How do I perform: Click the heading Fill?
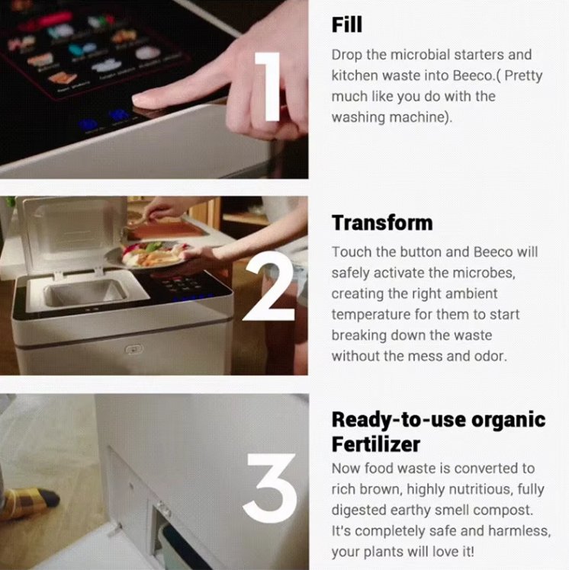[x=347, y=24]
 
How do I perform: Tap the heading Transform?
[x=382, y=223]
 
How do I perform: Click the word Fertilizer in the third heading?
[x=376, y=444]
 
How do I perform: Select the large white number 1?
[x=268, y=87]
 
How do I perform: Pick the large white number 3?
[x=270, y=488]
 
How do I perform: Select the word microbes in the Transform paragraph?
[x=471, y=273]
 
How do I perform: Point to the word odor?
[x=490, y=356]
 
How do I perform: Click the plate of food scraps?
[x=149, y=255]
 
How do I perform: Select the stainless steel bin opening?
[x=86, y=292]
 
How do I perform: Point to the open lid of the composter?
[x=72, y=235]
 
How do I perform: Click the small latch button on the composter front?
[x=134, y=349]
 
